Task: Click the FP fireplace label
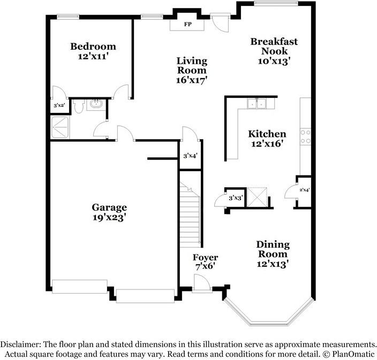pos(188,24)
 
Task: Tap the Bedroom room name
pos(93,47)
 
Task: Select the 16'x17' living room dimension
pos(192,80)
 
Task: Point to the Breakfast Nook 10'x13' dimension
pos(273,61)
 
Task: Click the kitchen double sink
pos(257,104)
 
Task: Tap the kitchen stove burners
pos(305,136)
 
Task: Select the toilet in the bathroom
pos(78,106)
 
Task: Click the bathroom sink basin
pos(96,104)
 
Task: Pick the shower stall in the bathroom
pos(60,127)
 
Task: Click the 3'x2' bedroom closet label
pos(59,105)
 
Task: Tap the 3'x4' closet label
pos(191,156)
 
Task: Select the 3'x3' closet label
pos(236,198)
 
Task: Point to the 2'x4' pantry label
pos(304,190)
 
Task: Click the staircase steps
pos(190,215)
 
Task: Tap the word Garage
pos(109,207)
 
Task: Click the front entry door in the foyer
pos(202,284)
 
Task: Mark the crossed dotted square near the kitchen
pos(257,197)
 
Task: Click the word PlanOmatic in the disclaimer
pos(353,354)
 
